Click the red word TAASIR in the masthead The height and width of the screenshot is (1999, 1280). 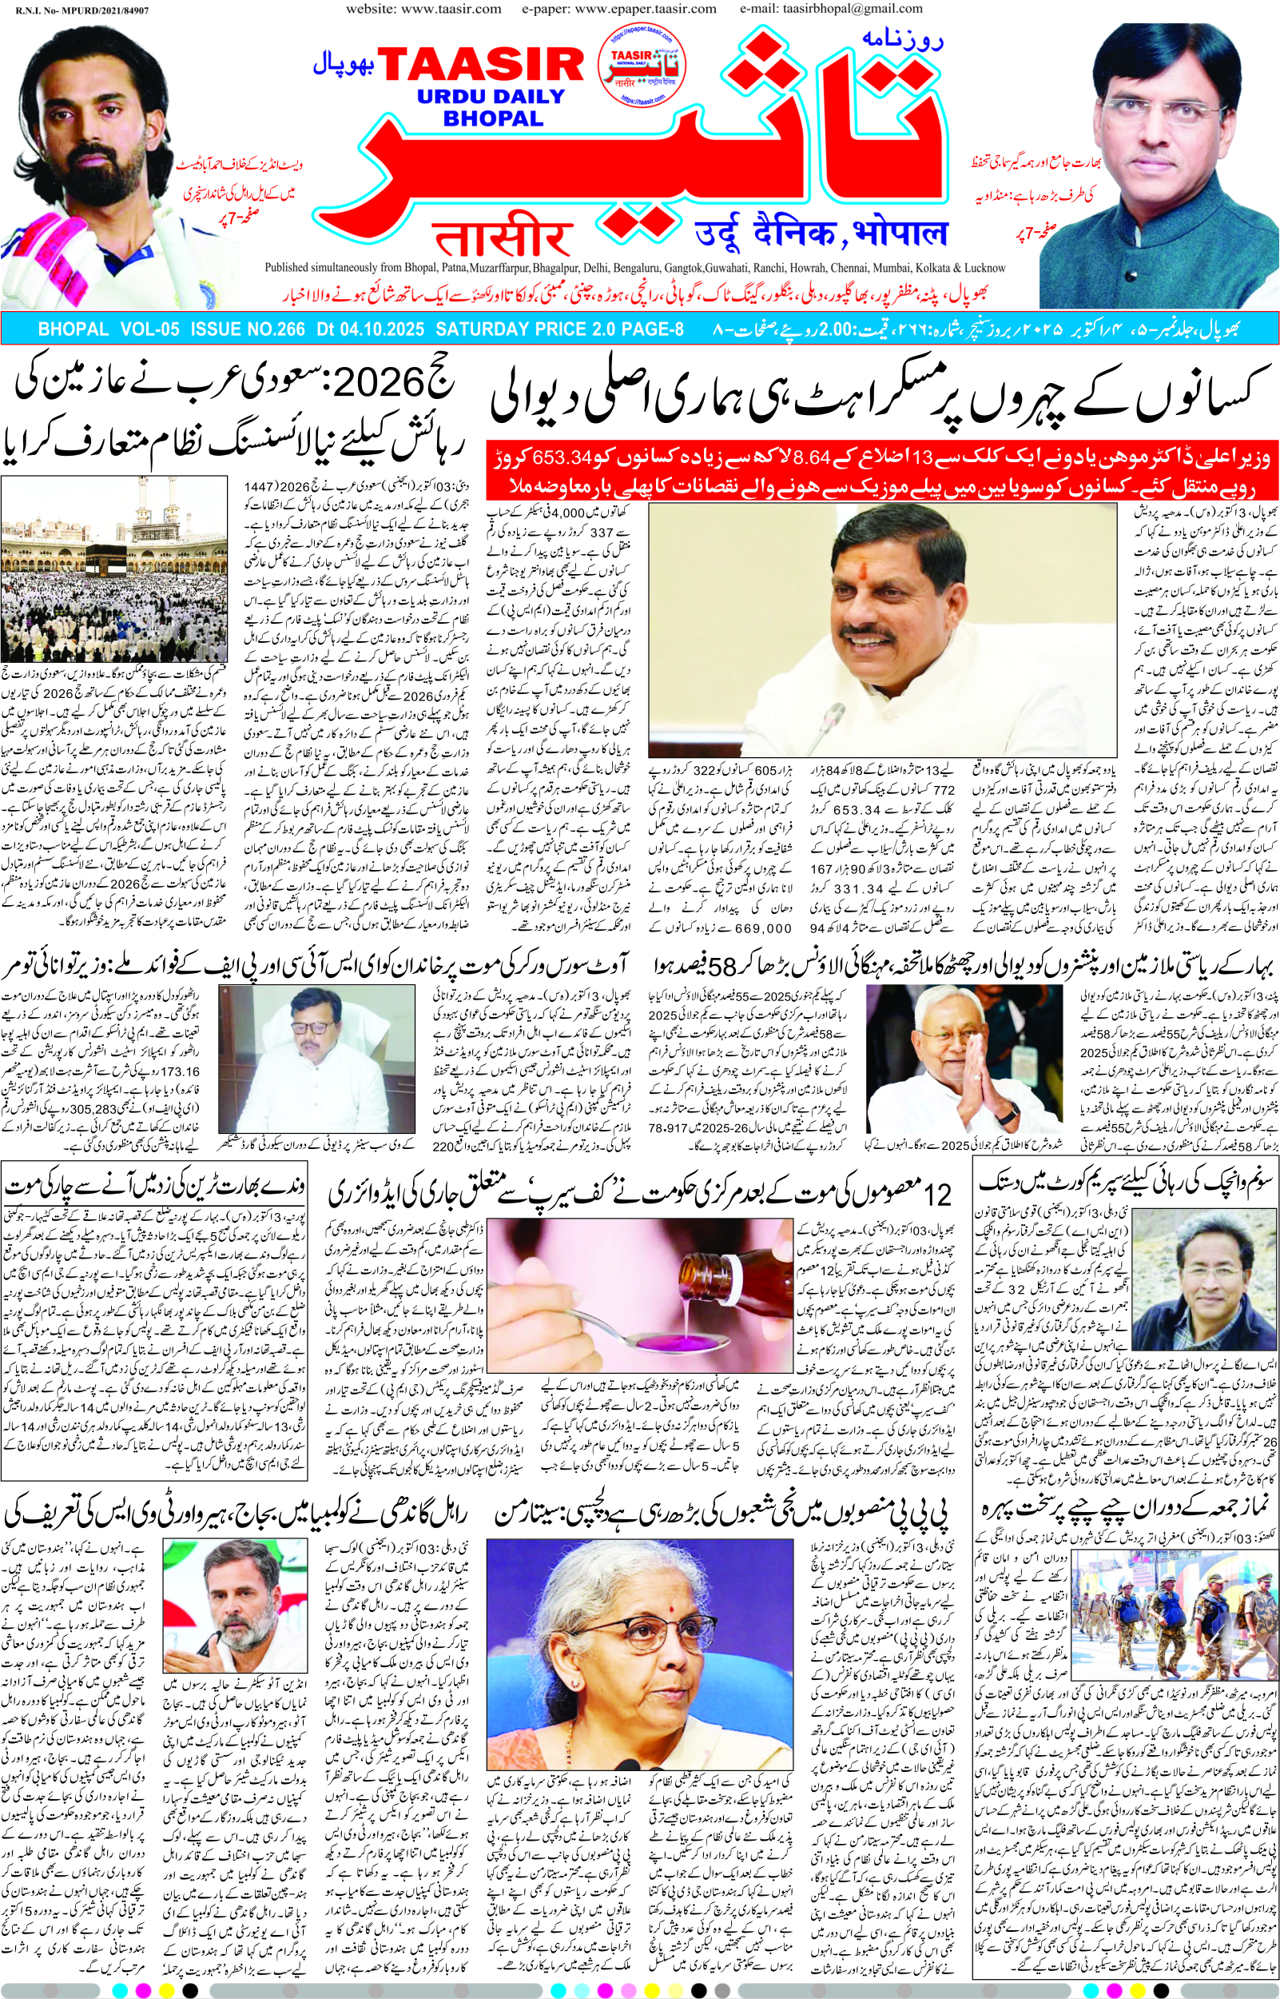click(x=481, y=65)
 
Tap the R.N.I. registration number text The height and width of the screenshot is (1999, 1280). click(x=81, y=10)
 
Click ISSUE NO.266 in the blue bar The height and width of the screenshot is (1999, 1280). click(x=248, y=329)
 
